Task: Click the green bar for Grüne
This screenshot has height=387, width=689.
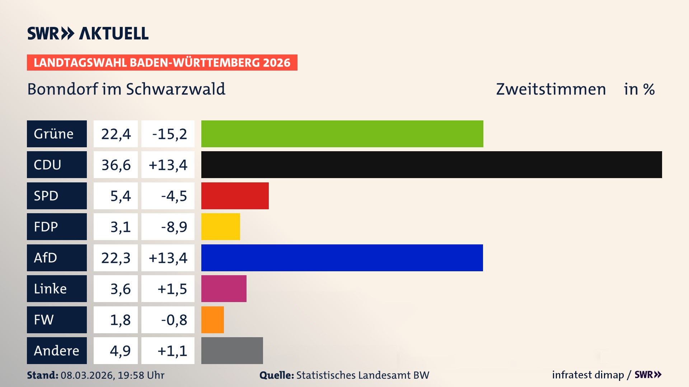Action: pos(342,134)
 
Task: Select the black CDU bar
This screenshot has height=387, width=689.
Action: pos(431,164)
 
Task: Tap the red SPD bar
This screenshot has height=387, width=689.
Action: pos(235,196)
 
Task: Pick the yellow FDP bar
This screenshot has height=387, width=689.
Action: pos(220,226)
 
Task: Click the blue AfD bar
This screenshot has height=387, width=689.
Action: pos(342,258)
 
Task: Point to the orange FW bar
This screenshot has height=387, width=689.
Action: pos(212,320)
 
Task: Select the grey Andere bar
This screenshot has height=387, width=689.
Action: pos(232,350)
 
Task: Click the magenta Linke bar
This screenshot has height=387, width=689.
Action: pos(224,288)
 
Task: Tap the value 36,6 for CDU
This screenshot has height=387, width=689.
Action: pos(116,165)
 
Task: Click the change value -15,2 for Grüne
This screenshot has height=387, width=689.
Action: pos(169,134)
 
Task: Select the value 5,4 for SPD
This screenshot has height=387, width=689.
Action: pos(120,196)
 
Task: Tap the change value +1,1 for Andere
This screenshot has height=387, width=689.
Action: pos(172,351)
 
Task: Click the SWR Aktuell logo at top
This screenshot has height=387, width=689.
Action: pos(88,33)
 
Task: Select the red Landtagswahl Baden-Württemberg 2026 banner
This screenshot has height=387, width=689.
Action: pos(162,62)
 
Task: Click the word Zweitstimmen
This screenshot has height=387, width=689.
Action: pos(551,89)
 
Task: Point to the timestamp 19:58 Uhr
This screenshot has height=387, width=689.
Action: pos(141,375)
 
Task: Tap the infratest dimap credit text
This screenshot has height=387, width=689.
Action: pos(588,375)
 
